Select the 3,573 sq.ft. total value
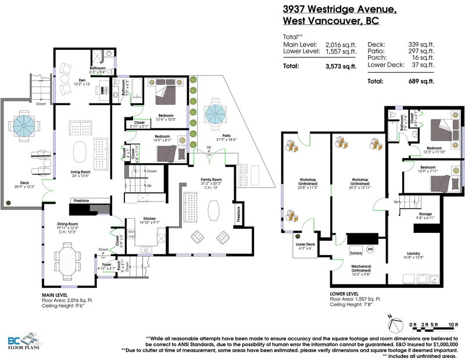(340, 66)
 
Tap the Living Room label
(82, 172)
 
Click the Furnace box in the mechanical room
(356, 254)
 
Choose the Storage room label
(425, 214)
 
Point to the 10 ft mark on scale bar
(453, 324)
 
